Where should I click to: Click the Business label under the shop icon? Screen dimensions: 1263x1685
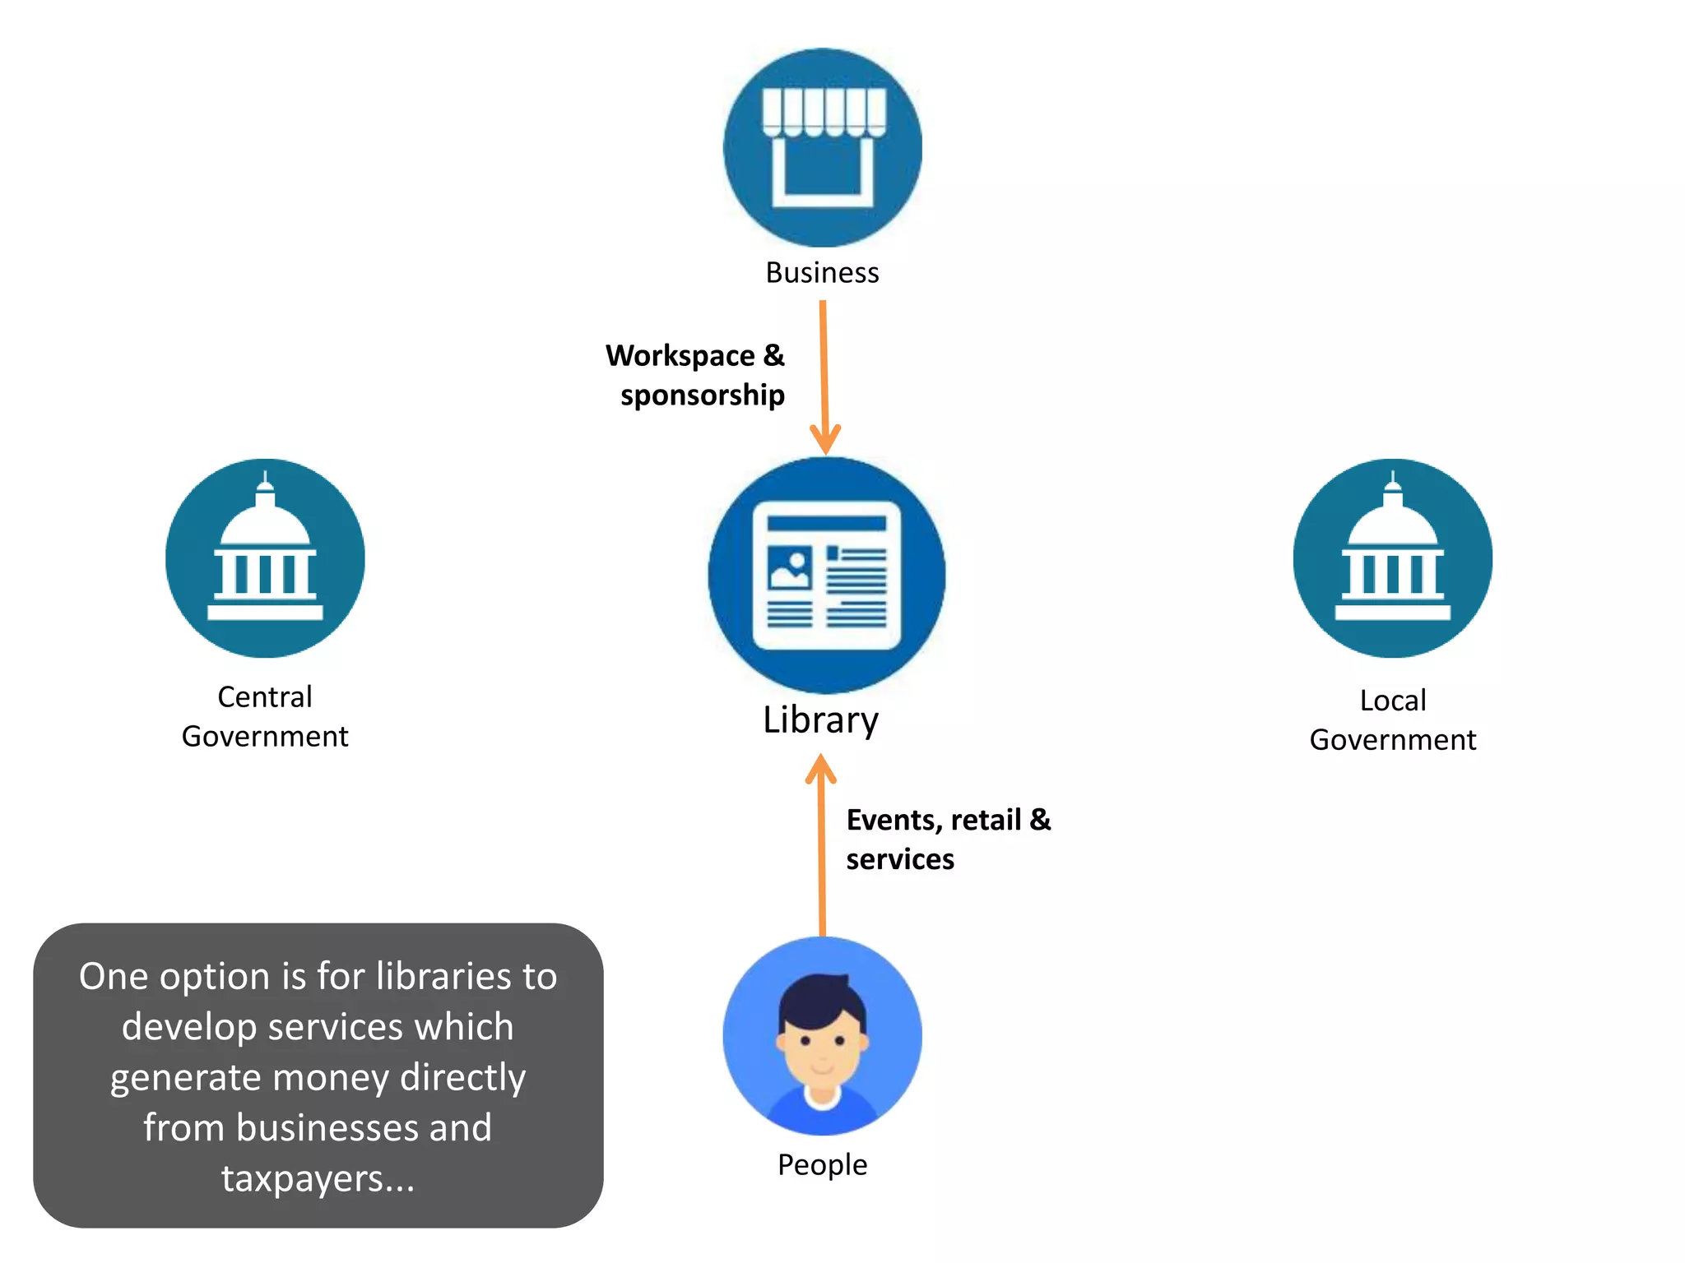point(822,272)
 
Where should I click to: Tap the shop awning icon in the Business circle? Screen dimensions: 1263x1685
point(824,113)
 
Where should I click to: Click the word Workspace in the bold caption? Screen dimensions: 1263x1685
point(680,356)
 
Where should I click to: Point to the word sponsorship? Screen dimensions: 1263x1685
point(702,396)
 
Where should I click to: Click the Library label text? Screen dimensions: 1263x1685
point(820,719)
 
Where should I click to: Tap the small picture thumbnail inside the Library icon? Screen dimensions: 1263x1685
point(789,567)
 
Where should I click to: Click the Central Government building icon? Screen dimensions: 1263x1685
point(265,558)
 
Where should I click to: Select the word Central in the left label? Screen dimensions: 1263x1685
point(264,697)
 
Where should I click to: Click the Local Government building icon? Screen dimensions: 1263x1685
point(1392,558)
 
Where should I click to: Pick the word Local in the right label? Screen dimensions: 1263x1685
point(1392,701)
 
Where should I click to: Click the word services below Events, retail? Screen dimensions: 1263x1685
point(899,859)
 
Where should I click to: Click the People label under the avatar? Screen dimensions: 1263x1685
point(822,1164)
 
